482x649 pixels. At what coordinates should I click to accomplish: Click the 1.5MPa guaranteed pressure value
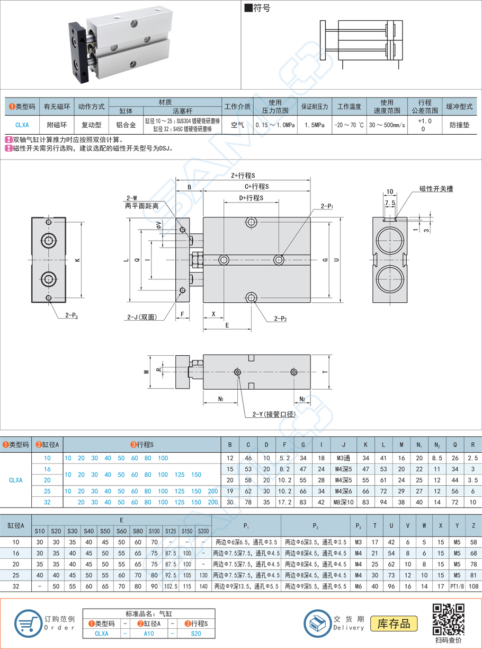pos(315,126)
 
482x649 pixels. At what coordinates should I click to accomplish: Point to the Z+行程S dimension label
pos(243,176)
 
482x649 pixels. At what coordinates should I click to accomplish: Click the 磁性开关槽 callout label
pos(435,189)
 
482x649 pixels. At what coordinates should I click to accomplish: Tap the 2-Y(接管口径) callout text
pos(270,414)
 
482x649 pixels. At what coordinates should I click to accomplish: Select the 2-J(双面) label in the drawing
pos(141,317)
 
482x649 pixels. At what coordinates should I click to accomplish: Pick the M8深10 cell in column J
pos(343,502)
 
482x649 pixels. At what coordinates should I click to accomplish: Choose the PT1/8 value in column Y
pos(457,586)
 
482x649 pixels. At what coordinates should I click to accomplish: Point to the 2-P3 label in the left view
pos(72,315)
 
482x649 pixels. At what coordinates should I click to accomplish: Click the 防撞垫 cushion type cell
pos(459,126)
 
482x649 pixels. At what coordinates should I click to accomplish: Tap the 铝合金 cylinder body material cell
pos(126,126)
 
